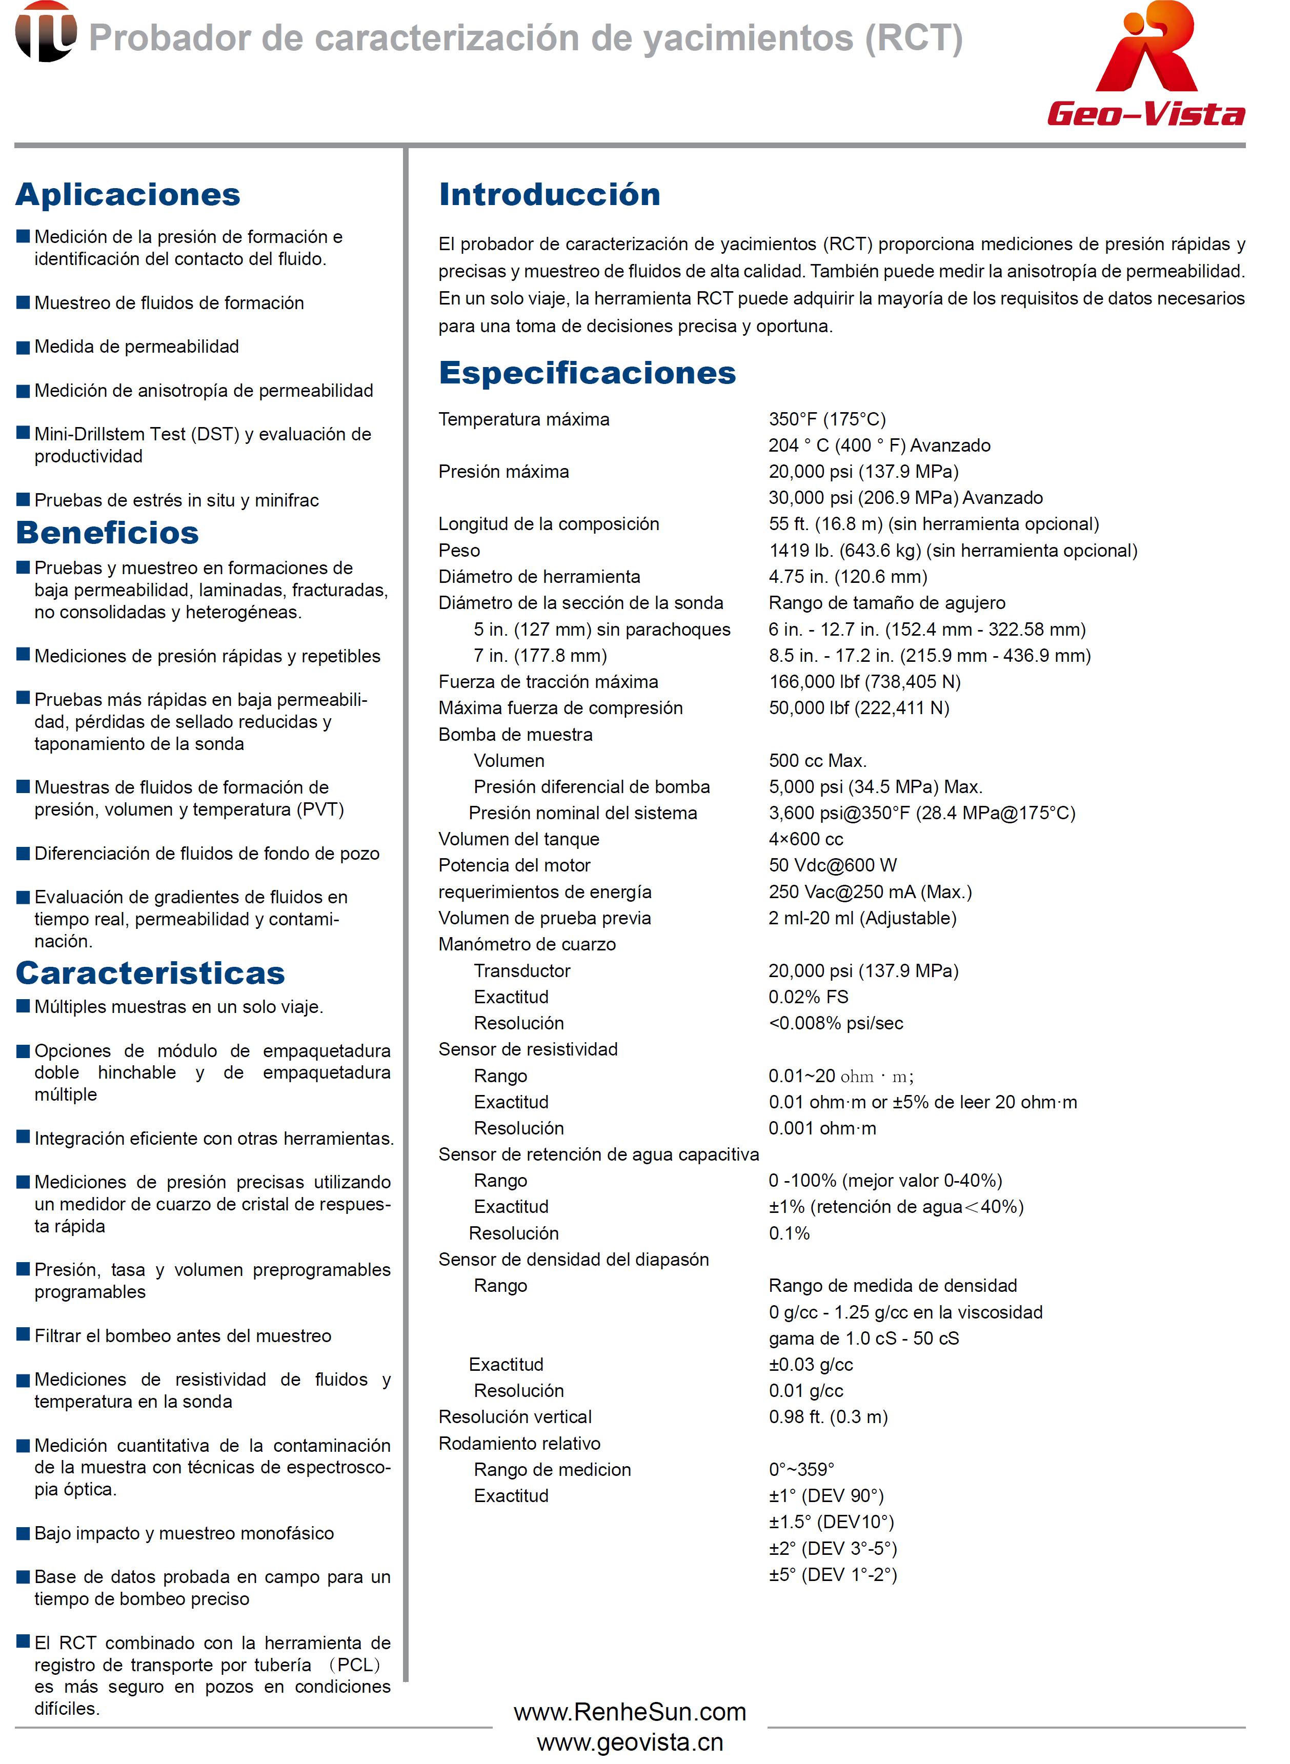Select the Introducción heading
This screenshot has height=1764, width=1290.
(x=549, y=194)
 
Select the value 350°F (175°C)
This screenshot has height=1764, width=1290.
(x=827, y=419)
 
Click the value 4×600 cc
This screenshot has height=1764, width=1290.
(x=806, y=839)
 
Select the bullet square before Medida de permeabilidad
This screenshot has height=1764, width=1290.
(x=24, y=348)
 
